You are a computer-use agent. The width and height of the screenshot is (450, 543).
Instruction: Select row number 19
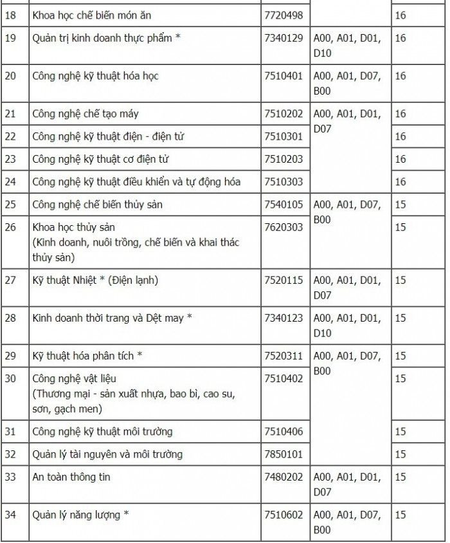[x=10, y=38]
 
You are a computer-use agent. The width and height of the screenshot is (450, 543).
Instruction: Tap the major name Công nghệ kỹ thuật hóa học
[x=95, y=76]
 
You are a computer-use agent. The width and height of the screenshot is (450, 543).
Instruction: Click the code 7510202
[x=283, y=114]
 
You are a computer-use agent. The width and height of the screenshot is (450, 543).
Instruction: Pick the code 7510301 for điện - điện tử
[x=283, y=136]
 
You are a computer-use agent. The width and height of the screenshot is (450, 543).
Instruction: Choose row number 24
[x=10, y=181]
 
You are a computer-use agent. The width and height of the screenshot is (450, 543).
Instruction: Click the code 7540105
[x=283, y=205]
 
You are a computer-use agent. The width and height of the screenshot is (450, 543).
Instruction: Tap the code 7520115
[x=283, y=280]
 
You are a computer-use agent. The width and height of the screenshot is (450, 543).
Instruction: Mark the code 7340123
[x=283, y=318]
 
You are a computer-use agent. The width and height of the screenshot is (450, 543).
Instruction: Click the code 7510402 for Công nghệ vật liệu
[x=283, y=378]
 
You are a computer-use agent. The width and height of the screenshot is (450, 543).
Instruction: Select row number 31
[x=10, y=431]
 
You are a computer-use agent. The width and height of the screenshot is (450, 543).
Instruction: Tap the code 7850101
[x=283, y=454]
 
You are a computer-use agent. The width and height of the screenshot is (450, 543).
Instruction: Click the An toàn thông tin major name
[x=71, y=477]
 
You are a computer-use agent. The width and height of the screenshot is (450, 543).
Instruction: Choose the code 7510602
[x=283, y=515]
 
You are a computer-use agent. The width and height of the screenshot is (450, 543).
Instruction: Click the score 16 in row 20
[x=401, y=76]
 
